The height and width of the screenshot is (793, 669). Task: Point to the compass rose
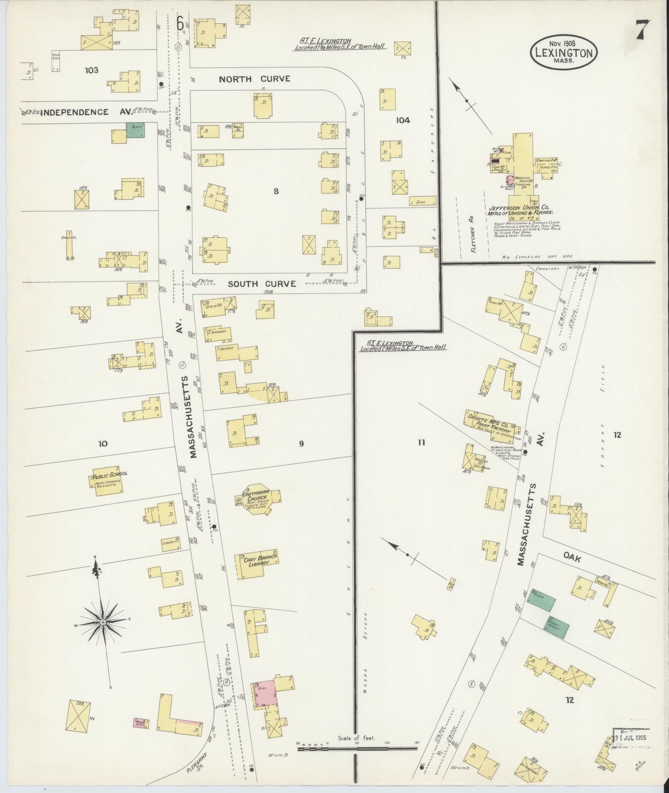(x=102, y=623)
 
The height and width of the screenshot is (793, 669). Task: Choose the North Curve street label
(x=254, y=79)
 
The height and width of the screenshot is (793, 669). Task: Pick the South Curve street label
(x=261, y=284)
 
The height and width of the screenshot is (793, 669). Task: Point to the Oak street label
(x=572, y=559)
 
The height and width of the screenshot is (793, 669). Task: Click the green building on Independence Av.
(x=136, y=130)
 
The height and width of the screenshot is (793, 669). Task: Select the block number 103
(x=91, y=70)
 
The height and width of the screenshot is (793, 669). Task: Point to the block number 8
(x=276, y=191)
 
